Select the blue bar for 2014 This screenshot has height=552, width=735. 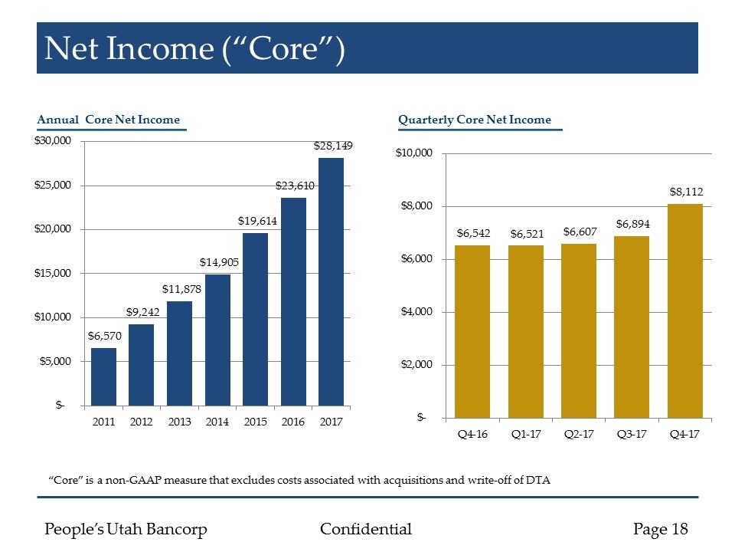(217, 340)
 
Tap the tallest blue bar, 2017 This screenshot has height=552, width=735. (331, 281)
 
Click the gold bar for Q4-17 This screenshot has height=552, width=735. (685, 311)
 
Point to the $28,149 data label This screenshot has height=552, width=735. (333, 145)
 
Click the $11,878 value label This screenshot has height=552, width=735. (181, 289)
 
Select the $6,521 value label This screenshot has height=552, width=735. (526, 233)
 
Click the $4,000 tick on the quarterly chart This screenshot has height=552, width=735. (414, 312)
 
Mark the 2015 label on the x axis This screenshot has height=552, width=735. (255, 422)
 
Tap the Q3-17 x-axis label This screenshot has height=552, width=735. (632, 435)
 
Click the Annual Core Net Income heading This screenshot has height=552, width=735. (109, 120)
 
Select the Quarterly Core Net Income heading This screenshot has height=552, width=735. (475, 120)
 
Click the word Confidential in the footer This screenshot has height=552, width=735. (365, 529)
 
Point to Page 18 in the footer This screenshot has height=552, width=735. (661, 529)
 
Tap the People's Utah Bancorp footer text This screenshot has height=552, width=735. (126, 529)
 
